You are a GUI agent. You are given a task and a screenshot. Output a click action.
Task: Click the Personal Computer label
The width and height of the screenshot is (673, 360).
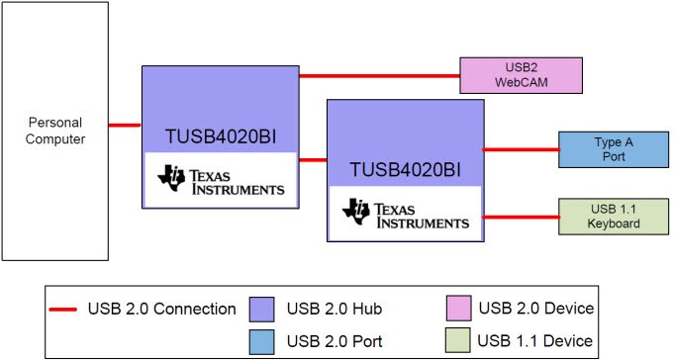tap(54, 131)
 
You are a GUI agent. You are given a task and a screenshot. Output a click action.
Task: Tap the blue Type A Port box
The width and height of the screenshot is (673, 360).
tap(614, 149)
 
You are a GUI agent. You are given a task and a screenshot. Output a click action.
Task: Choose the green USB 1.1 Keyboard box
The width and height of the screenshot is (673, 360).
tap(614, 217)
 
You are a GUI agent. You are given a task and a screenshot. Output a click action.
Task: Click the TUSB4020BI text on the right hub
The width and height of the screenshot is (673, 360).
tap(405, 170)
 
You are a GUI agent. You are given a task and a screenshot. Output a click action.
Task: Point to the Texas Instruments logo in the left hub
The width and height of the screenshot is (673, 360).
tap(221, 180)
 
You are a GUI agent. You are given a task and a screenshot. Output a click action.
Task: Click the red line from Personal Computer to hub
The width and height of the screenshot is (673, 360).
tap(125, 125)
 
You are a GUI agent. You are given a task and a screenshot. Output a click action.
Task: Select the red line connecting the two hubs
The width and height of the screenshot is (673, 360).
tap(313, 159)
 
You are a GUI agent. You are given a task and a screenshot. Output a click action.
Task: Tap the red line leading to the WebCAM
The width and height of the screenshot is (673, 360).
tap(379, 75)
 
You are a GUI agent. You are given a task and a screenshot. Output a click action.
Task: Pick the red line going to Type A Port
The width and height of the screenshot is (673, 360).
tap(520, 150)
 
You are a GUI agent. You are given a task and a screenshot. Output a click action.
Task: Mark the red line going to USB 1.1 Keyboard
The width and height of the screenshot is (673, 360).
tap(520, 217)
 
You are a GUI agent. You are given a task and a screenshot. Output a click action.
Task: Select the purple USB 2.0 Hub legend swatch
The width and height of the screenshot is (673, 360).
tap(263, 309)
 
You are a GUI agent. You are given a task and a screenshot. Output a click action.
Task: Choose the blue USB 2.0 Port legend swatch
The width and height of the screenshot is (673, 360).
tap(263, 341)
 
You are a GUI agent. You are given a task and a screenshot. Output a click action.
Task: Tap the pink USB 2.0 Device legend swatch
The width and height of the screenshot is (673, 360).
tap(456, 309)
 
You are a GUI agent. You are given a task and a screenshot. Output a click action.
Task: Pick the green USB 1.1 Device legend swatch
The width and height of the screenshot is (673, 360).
tap(456, 341)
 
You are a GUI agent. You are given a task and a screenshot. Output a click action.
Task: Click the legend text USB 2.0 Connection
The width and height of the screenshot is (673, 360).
tap(162, 309)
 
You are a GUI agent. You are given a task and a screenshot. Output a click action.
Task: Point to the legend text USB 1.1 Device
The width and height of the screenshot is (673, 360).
tap(535, 341)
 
